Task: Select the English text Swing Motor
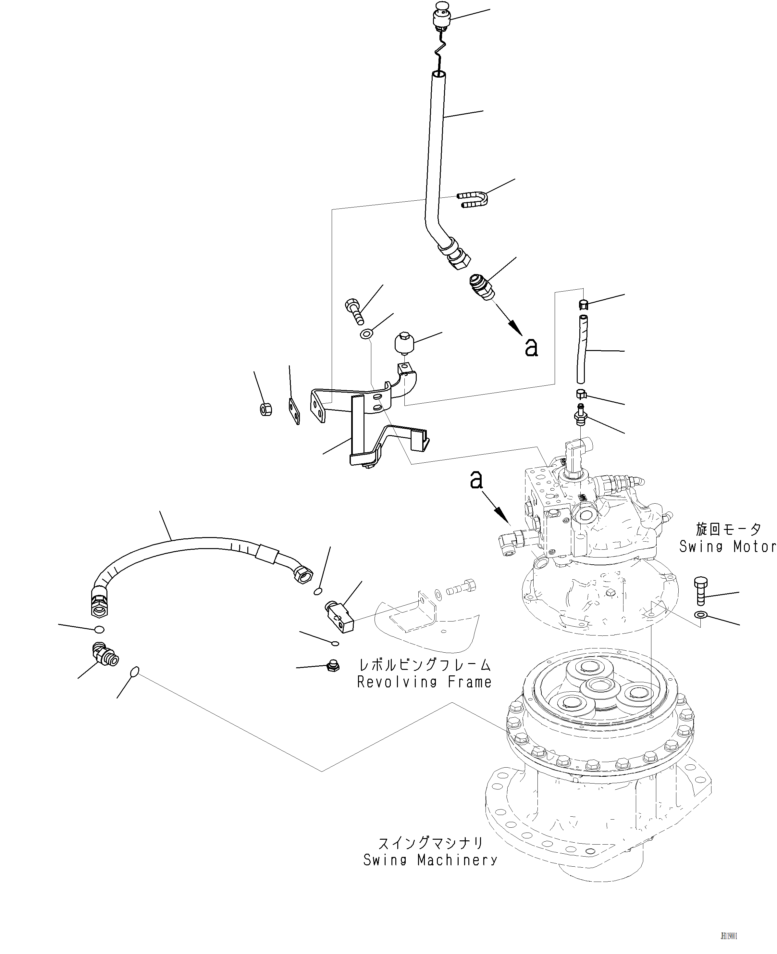[x=727, y=546]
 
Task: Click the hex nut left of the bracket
[x=266, y=409]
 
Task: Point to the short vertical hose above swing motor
[x=581, y=349]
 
